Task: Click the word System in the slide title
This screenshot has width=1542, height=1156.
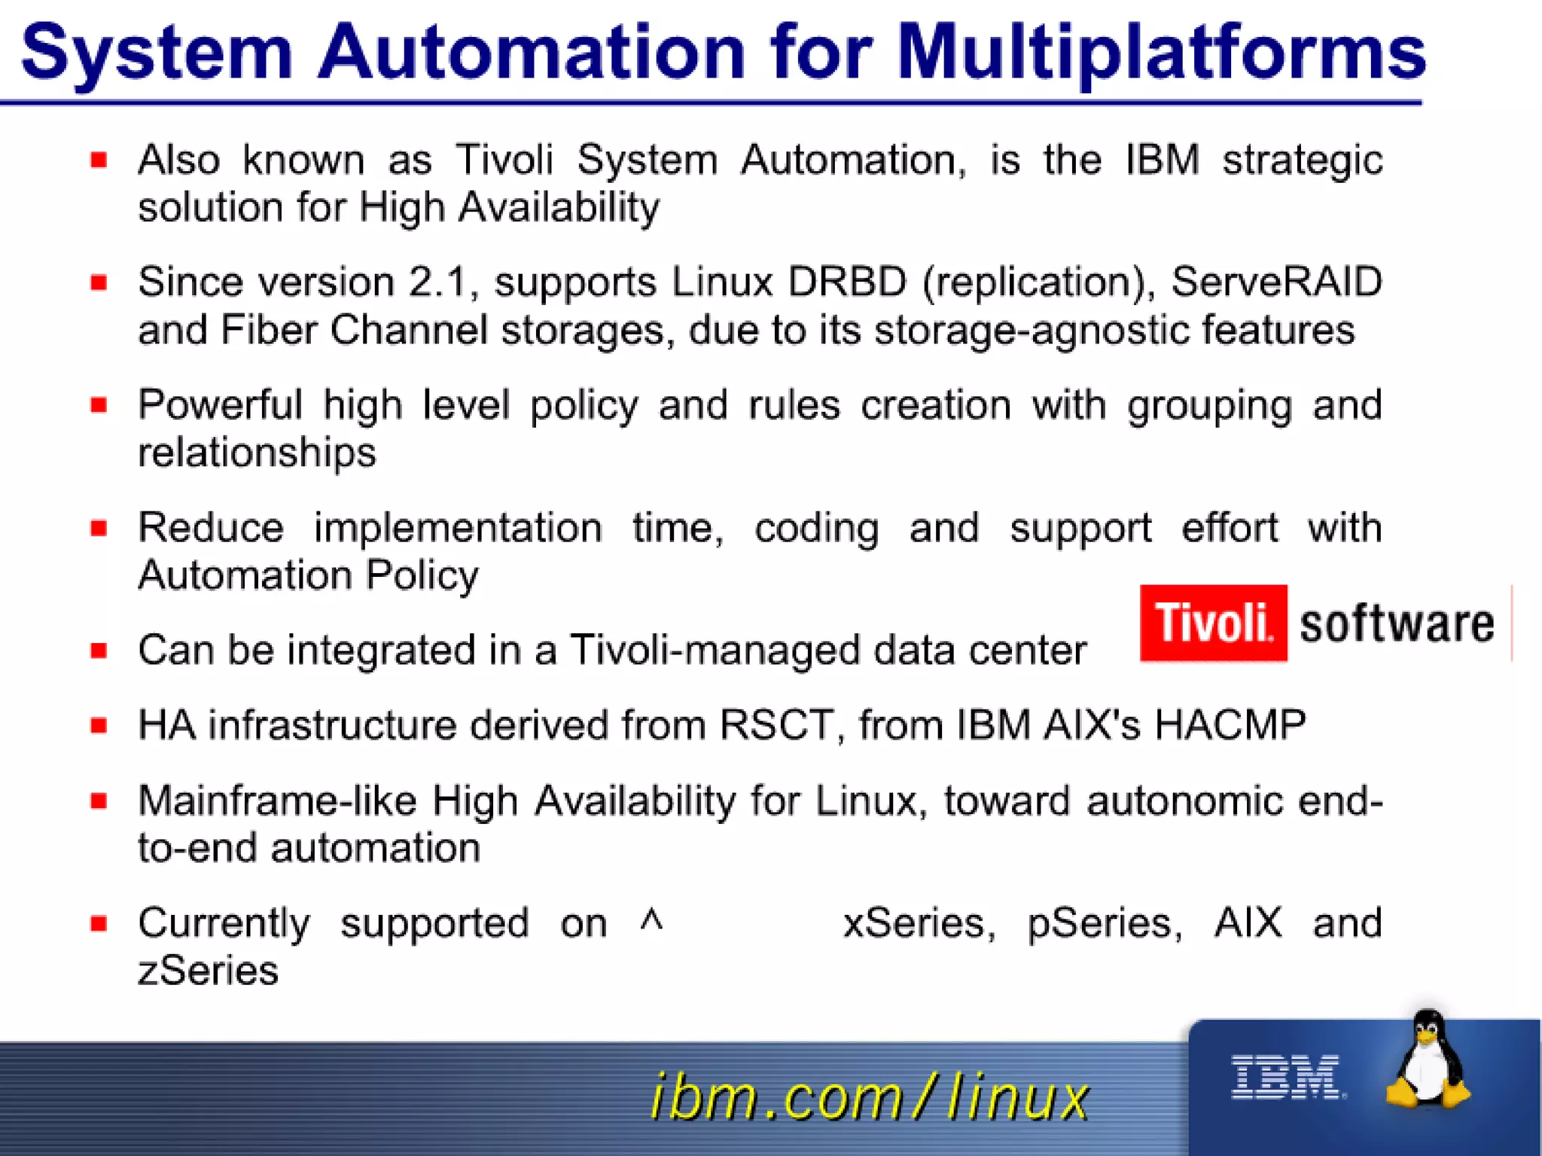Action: (157, 53)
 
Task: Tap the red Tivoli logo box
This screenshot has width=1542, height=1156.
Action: (1213, 623)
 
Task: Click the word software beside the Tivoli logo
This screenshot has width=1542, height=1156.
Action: (1397, 624)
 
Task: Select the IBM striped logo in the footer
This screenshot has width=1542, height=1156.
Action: (1287, 1076)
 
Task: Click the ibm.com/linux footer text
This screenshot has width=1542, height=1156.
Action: (869, 1096)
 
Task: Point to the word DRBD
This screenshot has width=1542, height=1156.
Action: (847, 282)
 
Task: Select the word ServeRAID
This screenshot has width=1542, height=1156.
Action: (1276, 282)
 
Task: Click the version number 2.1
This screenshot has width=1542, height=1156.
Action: (438, 282)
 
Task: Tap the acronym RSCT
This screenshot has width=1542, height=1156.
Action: (777, 725)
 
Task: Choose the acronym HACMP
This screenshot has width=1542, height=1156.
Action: (1230, 725)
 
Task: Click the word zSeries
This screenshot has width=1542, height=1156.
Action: (208, 970)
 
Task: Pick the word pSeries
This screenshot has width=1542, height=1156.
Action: (1103, 923)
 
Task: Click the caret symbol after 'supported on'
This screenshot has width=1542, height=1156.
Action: (651, 920)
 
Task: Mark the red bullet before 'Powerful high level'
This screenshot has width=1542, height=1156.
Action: (99, 405)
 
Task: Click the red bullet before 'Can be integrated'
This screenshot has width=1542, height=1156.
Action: (99, 650)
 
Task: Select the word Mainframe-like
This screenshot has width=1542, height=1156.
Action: (276, 801)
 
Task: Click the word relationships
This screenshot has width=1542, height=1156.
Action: (257, 453)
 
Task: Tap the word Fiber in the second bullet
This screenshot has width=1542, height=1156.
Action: (268, 330)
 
